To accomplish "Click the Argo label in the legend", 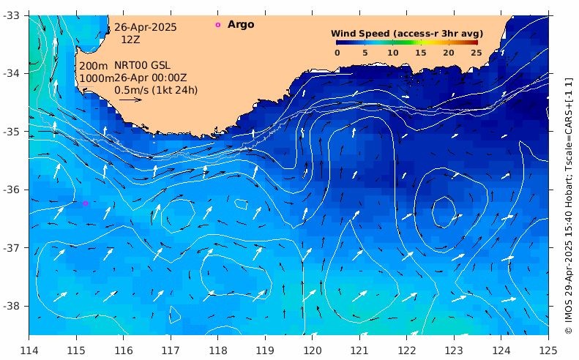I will click(x=241, y=25).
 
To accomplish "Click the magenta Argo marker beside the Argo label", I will click(x=217, y=25).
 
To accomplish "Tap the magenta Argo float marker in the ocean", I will click(x=85, y=203).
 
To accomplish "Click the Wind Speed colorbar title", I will click(x=405, y=34).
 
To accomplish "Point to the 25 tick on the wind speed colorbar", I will click(x=476, y=53).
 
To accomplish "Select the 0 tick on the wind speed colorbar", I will click(x=337, y=53).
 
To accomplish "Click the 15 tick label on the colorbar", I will click(x=420, y=53).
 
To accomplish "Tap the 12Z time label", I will click(x=131, y=40).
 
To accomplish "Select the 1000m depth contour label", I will click(x=95, y=78).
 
